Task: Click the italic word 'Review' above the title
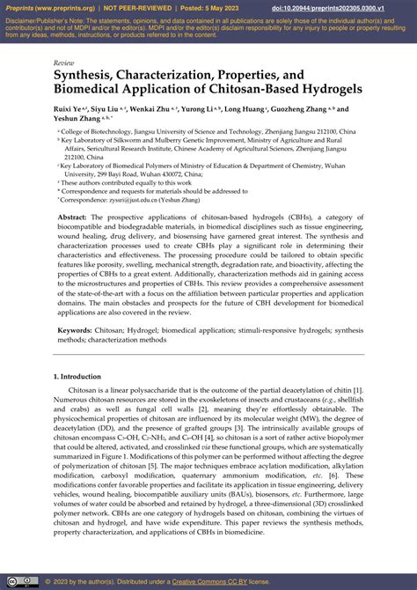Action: [x=64, y=63]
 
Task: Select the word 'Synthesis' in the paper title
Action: [x=87, y=77]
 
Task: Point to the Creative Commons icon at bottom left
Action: [x=11, y=581]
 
